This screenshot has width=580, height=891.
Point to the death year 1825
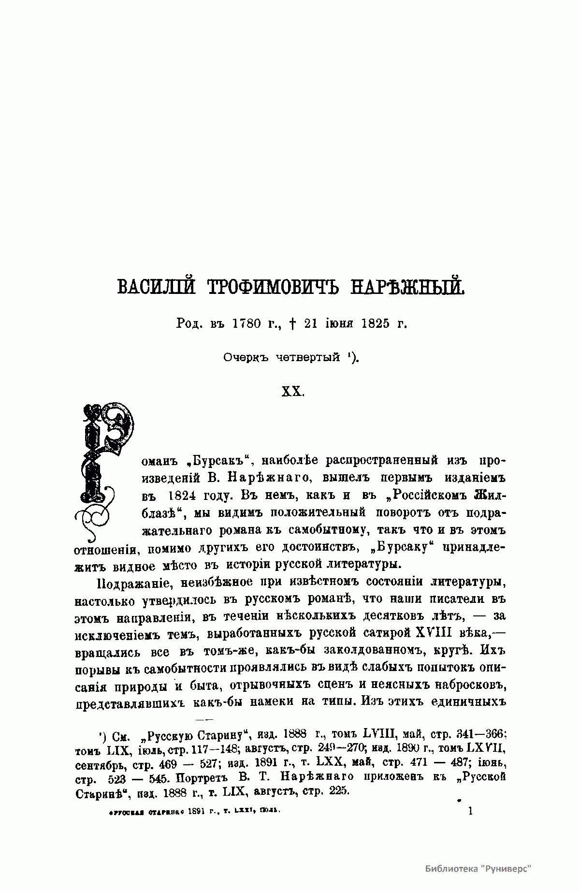(375, 323)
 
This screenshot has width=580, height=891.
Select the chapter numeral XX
(292, 391)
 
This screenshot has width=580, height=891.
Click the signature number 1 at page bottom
(470, 811)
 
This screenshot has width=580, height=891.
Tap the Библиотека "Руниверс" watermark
(478, 868)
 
